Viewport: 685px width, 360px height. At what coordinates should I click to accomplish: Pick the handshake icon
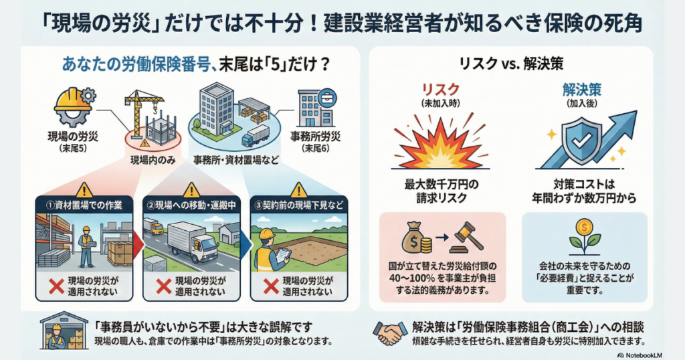click(391, 333)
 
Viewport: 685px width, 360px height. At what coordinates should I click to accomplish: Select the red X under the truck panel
click(163, 286)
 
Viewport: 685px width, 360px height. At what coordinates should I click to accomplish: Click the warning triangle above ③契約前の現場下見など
click(300, 190)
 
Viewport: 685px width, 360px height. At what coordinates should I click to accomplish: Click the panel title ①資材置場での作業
click(81, 205)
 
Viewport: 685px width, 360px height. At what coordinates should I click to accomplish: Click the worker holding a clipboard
click(268, 249)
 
